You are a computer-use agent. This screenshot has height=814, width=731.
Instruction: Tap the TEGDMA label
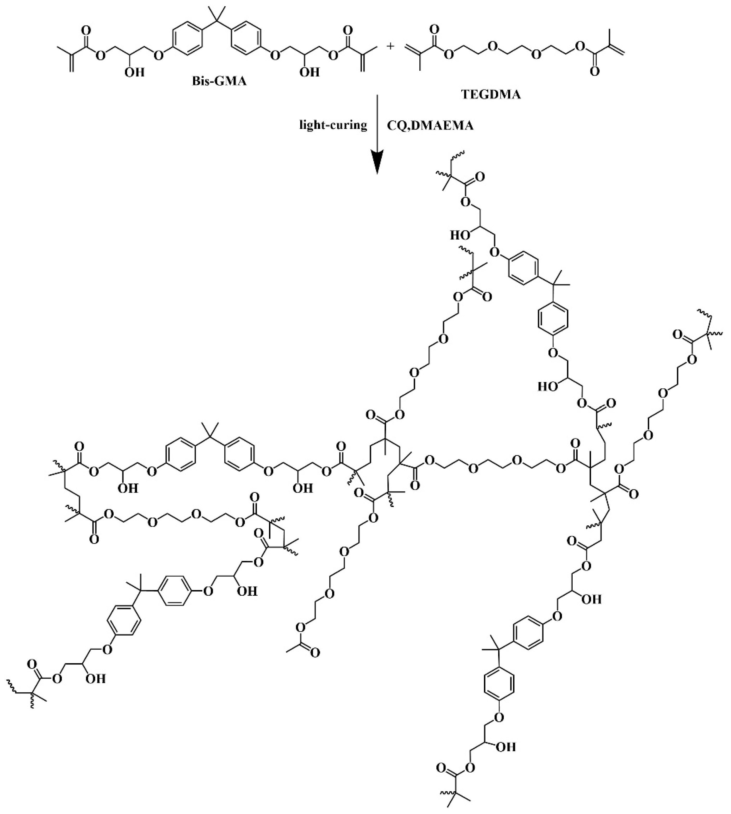coord(497,95)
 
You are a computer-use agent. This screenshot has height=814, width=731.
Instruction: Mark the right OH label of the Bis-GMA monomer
coord(310,72)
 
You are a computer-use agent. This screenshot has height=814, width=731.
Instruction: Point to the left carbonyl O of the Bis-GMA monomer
coord(86,30)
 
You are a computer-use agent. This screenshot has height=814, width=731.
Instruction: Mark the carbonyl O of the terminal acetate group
coord(315,653)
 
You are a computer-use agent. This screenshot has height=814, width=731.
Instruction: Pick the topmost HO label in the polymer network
coord(458,235)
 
